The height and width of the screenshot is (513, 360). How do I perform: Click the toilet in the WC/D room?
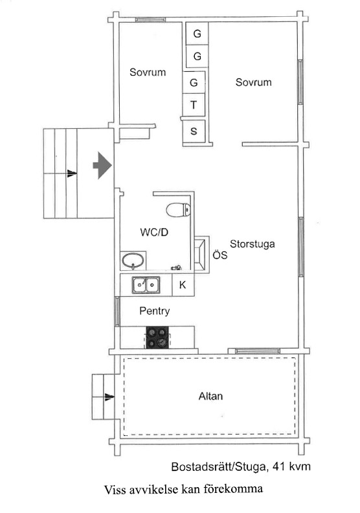178,210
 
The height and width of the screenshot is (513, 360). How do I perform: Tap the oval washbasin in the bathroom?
133,261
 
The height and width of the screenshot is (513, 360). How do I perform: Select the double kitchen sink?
146,284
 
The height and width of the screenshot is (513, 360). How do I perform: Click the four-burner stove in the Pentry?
157,337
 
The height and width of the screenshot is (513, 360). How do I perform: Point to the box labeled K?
183,285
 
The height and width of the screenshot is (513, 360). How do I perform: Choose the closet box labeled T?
194,105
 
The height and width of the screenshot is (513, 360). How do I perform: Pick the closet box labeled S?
194,131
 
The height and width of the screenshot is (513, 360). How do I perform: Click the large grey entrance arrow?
102,165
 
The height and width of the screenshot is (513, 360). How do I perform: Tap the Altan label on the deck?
210,396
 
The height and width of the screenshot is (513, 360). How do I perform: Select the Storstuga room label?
252,244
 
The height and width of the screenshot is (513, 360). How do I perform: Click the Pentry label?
154,311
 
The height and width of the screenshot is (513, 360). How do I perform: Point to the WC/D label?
154,233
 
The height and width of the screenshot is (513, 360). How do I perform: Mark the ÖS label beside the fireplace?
219,255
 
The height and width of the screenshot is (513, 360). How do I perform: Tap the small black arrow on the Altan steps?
109,397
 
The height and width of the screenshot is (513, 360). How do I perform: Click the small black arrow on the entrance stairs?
72,173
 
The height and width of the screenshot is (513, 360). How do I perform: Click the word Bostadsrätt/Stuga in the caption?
218,466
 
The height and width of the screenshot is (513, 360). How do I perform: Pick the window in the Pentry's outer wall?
117,311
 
